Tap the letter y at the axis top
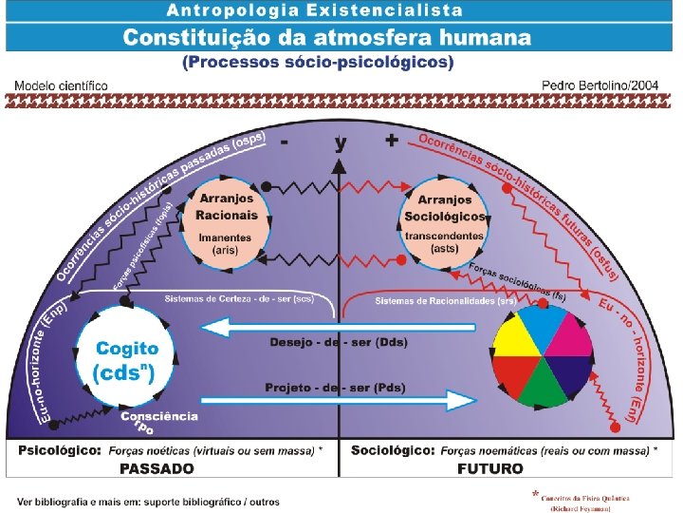(341, 143)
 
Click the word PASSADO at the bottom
(157, 468)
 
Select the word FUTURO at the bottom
(489, 468)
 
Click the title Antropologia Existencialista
(315, 11)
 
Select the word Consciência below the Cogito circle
(159, 416)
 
